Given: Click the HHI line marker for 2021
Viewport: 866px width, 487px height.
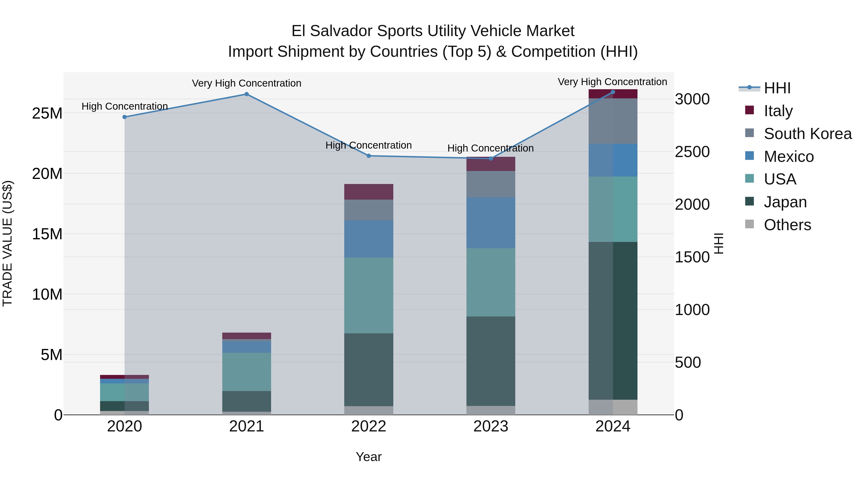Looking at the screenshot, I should (x=246, y=94).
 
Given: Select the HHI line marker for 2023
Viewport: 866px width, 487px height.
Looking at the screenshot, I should (x=490, y=158).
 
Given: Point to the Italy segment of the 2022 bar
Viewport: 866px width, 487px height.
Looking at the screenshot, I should (x=369, y=192).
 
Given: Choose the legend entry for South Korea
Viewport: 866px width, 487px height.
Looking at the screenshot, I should (x=808, y=134).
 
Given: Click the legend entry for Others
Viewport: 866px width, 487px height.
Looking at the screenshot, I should (x=787, y=225).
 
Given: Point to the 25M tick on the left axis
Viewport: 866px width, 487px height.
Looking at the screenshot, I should (x=47, y=114).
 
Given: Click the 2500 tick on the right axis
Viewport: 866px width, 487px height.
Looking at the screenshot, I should (x=692, y=152).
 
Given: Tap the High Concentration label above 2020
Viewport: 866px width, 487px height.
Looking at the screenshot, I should (x=124, y=106).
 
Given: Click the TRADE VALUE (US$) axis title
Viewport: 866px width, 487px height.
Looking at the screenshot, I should (x=7, y=243).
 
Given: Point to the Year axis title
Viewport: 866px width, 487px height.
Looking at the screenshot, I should (x=369, y=457).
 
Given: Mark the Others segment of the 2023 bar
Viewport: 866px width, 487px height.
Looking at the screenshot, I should (x=490, y=410).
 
